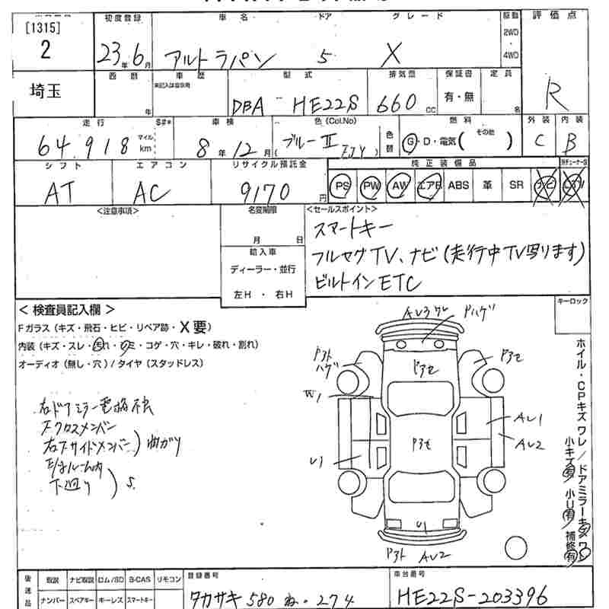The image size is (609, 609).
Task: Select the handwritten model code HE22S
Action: pyautogui.click(x=328, y=105)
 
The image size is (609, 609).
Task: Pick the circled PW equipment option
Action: pyautogui.click(x=371, y=185)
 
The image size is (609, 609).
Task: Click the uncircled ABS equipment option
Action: pyautogui.click(x=458, y=185)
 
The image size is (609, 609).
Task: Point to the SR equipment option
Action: pyautogui.click(x=517, y=185)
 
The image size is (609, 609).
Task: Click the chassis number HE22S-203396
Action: pyautogui.click(x=470, y=591)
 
